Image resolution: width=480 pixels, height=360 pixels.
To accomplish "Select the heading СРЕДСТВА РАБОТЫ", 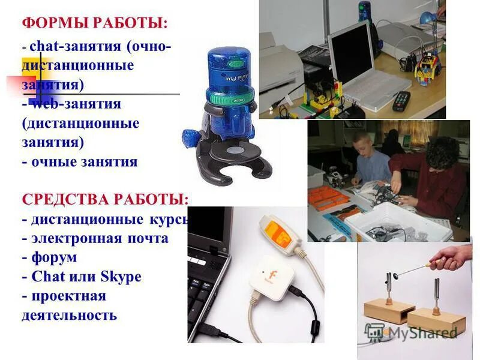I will click(104, 199).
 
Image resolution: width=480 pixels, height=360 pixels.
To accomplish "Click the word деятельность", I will click(69, 315).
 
